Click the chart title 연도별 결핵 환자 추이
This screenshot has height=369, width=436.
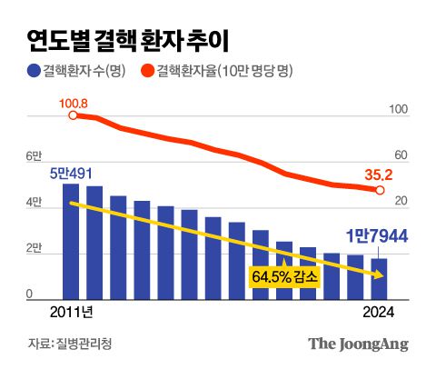(x=127, y=39)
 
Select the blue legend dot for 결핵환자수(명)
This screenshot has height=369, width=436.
(x=34, y=71)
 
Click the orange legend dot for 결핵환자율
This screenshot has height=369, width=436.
(x=148, y=71)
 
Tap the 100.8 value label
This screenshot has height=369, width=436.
(x=74, y=104)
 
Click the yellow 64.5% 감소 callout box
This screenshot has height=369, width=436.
(x=284, y=276)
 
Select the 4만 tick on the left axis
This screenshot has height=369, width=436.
(x=34, y=202)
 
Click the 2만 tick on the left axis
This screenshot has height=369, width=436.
(x=34, y=247)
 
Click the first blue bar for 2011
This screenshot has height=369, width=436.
(x=71, y=241)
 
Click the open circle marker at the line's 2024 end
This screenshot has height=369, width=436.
(x=380, y=190)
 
